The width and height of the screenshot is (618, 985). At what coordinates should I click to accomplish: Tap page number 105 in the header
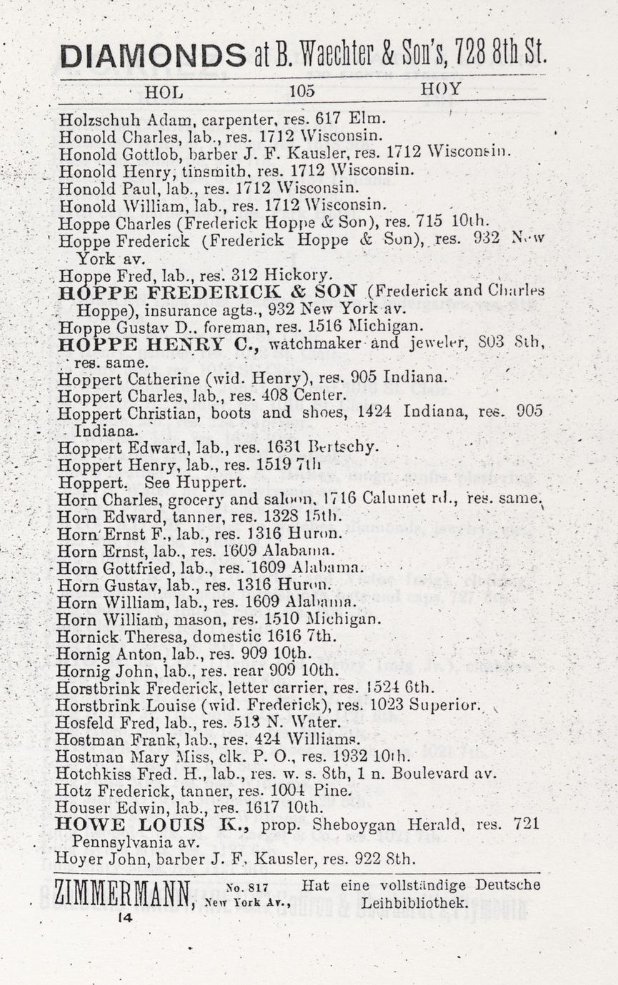click(302, 91)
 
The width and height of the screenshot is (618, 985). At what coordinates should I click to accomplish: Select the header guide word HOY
click(441, 90)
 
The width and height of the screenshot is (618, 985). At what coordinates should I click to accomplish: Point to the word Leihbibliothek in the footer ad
click(415, 903)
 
